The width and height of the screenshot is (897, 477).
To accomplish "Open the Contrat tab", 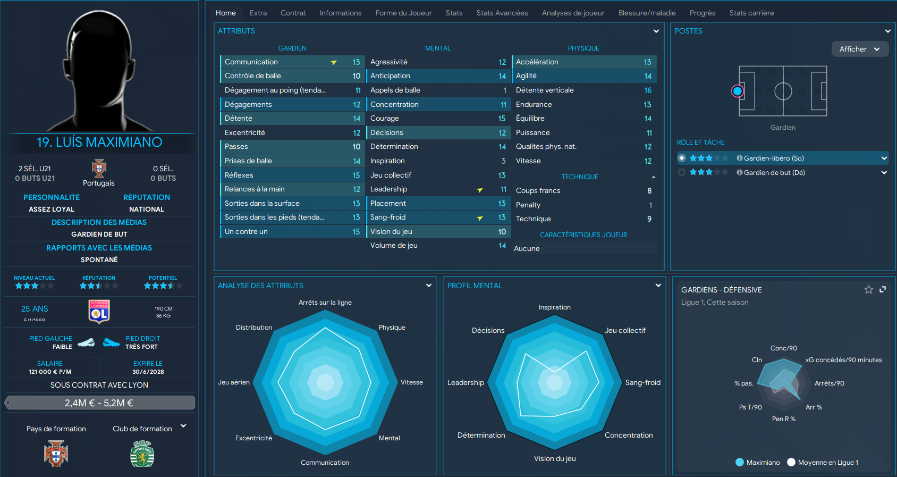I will (293, 13).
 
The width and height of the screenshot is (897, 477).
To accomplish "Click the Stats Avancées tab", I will (502, 13).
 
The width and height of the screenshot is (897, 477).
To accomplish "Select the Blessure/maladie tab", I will (647, 13).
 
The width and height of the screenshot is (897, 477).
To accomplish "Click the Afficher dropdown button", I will (859, 49).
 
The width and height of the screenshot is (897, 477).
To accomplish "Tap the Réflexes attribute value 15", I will (356, 175).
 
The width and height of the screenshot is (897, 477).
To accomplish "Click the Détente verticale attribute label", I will (545, 90).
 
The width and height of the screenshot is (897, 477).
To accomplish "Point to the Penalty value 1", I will (650, 205).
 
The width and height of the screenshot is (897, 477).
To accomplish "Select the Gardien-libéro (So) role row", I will (774, 158).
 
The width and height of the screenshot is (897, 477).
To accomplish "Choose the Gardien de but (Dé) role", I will (774, 172).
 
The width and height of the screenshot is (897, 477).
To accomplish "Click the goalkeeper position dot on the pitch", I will (737, 91).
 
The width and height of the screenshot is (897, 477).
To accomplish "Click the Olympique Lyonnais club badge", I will (99, 311).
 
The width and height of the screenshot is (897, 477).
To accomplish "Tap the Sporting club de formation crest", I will (142, 454).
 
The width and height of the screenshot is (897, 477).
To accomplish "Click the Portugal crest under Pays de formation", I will (56, 454).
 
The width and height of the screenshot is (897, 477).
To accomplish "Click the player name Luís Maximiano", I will (99, 143).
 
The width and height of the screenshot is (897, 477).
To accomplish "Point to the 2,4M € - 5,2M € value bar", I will (99, 403).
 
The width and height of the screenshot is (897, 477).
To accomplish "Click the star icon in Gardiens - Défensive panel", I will (868, 289).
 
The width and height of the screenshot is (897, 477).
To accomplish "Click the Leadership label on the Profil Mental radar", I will (466, 383).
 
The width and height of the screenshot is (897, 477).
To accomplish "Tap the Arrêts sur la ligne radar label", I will (325, 303).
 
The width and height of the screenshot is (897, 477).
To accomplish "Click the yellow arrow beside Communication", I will (334, 63).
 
